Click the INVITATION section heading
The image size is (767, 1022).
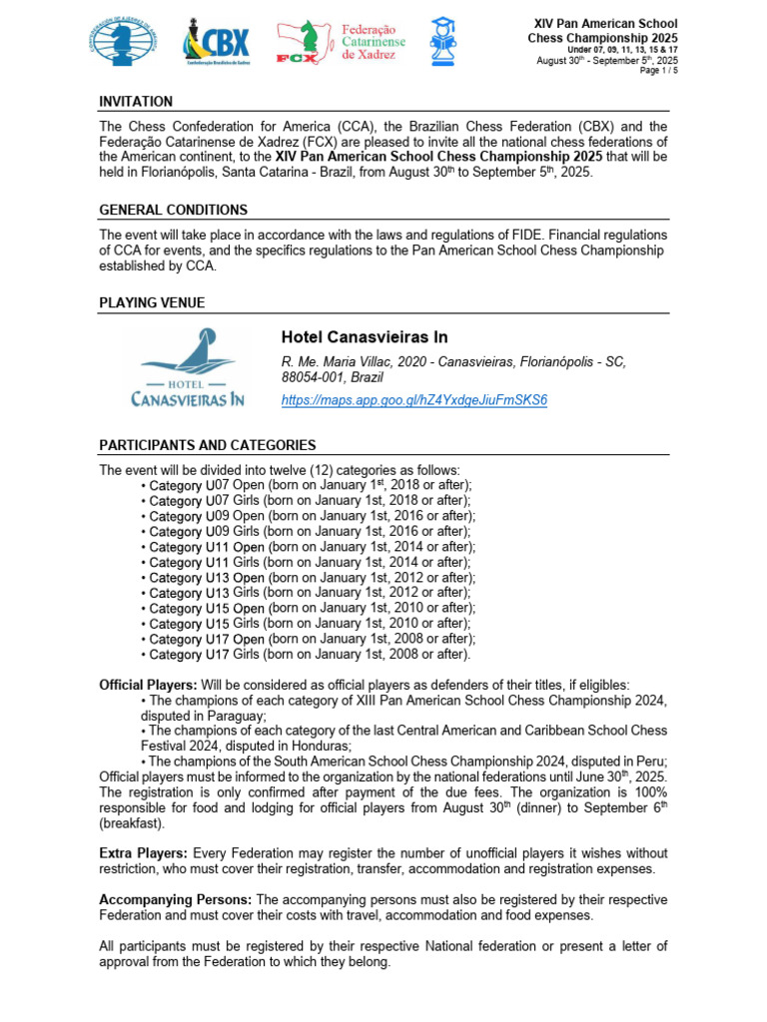(136, 102)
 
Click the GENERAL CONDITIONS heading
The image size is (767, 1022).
(173, 211)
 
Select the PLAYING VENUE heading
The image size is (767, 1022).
(153, 302)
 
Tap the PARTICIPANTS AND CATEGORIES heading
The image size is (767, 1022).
(208, 445)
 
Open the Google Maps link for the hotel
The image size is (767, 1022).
(414, 399)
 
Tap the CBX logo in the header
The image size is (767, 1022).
(216, 45)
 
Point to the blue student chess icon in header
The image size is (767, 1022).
(442, 44)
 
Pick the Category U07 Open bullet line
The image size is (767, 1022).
(305, 485)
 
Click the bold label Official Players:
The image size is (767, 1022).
(149, 685)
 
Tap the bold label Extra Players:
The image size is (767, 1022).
(144, 853)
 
